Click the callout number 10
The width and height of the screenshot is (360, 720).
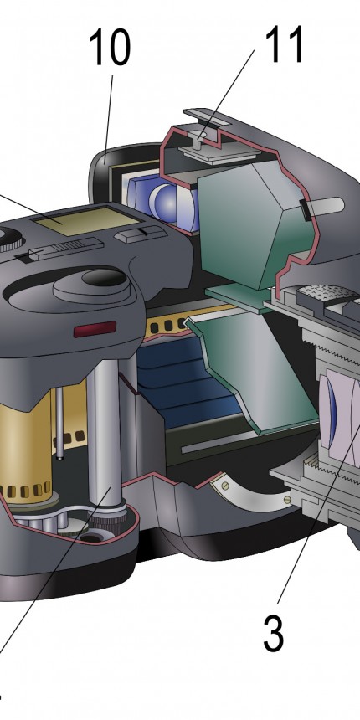pyautogui.click(x=110, y=47)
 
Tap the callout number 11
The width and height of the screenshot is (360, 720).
pyautogui.click(x=285, y=44)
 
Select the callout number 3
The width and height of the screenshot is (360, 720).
pyautogui.click(x=274, y=634)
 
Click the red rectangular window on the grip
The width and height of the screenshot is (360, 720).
pyautogui.click(x=95, y=329)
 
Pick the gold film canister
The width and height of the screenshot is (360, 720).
pyautogui.click(x=25, y=441)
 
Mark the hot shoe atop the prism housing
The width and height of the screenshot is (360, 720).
pyautogui.click(x=219, y=138)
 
